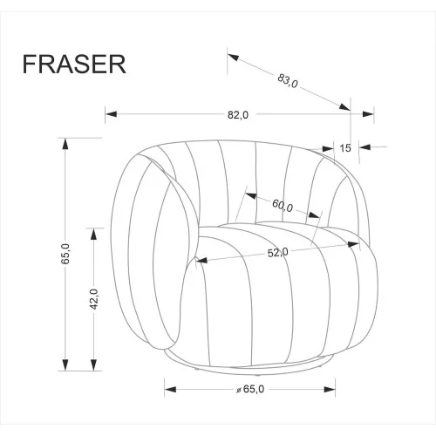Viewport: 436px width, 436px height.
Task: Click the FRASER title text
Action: [74, 65]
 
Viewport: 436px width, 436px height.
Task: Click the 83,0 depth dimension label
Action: [288, 81]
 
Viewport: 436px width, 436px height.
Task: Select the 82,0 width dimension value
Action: [238, 115]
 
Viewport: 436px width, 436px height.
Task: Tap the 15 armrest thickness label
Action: [345, 148]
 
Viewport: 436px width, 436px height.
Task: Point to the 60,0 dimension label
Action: [283, 206]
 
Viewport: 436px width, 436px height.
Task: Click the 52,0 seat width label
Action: [278, 253]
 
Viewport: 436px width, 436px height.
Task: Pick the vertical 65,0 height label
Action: [65, 254]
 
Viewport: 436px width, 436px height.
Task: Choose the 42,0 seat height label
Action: [93, 299]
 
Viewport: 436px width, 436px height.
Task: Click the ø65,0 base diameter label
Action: [250, 389]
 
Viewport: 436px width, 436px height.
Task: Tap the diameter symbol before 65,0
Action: [239, 390]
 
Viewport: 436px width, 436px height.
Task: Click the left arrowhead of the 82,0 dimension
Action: [111, 114]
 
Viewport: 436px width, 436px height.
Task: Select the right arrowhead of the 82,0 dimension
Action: [368, 114]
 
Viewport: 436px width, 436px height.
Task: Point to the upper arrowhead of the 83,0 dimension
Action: [233, 58]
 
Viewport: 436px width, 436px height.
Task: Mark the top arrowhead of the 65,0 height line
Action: [65, 144]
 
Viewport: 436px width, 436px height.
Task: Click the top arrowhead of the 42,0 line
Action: [93, 235]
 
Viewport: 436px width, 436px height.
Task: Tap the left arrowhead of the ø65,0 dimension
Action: [170, 389]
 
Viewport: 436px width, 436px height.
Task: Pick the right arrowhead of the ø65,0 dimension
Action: [330, 389]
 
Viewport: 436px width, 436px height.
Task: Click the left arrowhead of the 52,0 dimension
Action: [201, 260]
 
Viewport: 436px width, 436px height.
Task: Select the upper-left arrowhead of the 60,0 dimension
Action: [251, 195]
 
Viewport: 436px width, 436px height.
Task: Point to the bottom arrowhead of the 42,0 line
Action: [93, 364]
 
